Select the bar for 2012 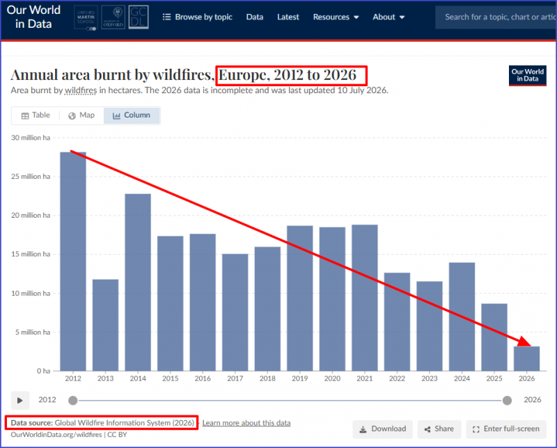click(73, 262)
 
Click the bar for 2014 click(138, 282)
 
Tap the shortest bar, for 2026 click(526, 358)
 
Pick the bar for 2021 click(364, 298)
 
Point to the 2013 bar click(106, 325)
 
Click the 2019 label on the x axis click(300, 378)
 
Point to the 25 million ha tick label click(31, 177)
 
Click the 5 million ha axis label click(33, 333)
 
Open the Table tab click(36, 115)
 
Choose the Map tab click(81, 115)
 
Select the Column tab click(132, 115)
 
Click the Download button click(382, 429)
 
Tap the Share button click(439, 429)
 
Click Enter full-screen click(506, 429)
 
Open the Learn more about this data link click(246, 423)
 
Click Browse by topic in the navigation click(198, 17)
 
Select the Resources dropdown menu click(336, 17)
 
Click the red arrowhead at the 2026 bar click(524, 342)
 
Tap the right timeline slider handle click(507, 401)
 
